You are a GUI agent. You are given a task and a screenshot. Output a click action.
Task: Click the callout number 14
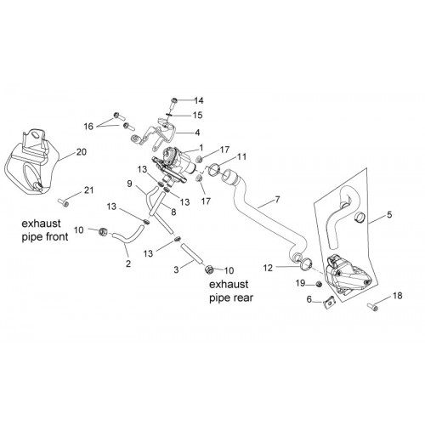(199, 100)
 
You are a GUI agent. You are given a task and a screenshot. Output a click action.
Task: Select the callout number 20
(82, 152)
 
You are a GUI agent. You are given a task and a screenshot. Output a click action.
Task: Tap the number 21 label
(89, 190)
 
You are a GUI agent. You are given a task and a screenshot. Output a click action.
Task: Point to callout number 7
(277, 200)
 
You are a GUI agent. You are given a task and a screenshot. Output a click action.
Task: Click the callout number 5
(389, 215)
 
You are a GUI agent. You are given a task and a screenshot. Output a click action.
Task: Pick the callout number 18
(398, 296)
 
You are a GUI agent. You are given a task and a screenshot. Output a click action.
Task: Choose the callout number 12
(268, 268)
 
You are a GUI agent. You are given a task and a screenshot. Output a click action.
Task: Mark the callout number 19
(301, 283)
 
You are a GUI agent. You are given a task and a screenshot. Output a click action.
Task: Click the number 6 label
(309, 299)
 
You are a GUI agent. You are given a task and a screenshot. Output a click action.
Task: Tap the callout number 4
(197, 133)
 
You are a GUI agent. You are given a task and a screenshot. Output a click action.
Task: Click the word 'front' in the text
(54, 236)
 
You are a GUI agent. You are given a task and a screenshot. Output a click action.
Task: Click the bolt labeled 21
(64, 202)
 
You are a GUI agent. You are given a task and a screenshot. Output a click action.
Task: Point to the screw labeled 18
(372, 307)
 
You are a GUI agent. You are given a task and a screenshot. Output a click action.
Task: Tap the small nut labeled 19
(319, 283)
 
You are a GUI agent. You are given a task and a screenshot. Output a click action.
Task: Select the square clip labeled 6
(329, 303)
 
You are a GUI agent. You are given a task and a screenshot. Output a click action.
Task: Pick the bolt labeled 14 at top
(174, 105)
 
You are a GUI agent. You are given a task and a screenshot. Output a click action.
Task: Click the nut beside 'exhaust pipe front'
(103, 231)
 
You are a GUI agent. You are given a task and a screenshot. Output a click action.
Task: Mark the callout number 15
(198, 115)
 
